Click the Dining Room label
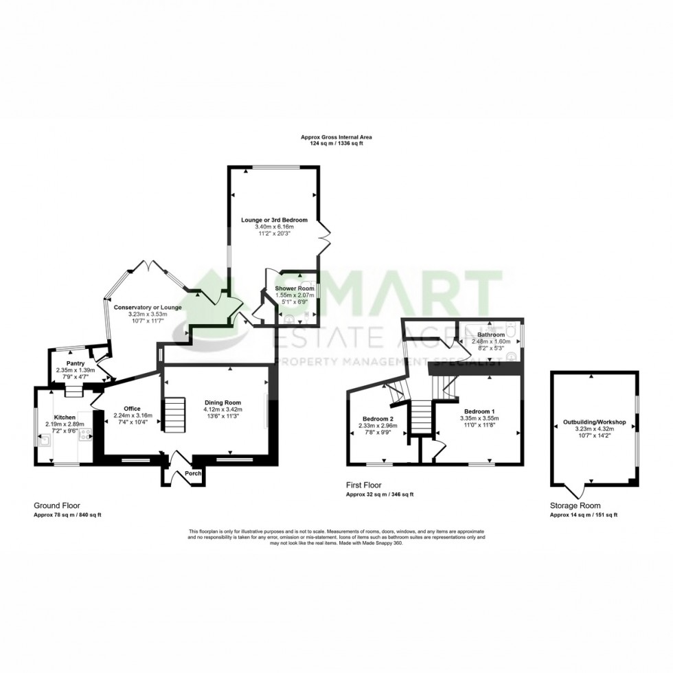222,403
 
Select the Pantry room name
76,363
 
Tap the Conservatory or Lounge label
148,307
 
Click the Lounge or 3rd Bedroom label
273,220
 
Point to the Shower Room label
295,288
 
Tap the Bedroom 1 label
479,411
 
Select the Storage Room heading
575,506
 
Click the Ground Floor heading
57,506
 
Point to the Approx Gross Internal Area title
336,137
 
